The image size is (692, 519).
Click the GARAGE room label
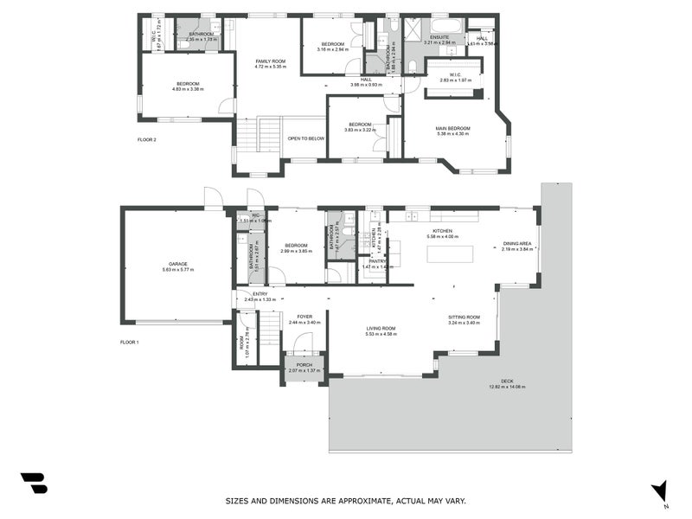pos(177,264)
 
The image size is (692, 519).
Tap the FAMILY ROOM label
pos(270,61)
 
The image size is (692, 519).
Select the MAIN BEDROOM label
pos(452,128)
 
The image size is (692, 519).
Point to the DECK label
pos(507,381)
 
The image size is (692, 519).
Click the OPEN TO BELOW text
pos(306,138)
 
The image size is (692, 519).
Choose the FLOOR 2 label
pos(147,139)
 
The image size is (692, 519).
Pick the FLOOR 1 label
pos(130,343)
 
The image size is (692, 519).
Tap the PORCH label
pos(304,365)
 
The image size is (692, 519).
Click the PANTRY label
pos(376,260)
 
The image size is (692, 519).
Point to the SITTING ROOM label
pos(464,317)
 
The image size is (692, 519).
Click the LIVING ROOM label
pos(381,328)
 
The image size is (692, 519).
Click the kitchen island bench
pos(450,253)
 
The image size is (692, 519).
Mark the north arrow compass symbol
pos(660,490)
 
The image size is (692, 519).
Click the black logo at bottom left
pos(34,484)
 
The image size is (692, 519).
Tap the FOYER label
pos(304,317)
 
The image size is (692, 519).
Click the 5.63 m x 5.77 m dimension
pos(177,270)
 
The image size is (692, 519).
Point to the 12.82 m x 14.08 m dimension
pos(507,387)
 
